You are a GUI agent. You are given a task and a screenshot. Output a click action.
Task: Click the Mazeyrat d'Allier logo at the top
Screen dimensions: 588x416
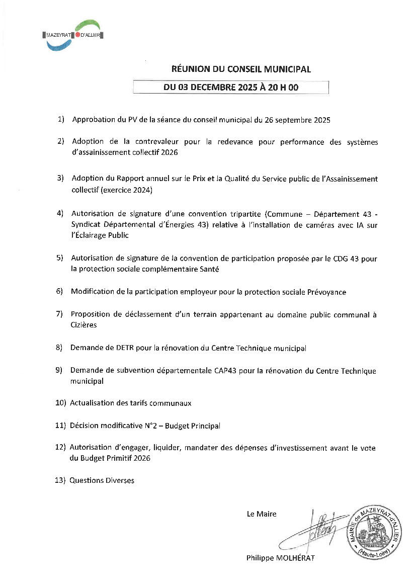(x=73, y=35)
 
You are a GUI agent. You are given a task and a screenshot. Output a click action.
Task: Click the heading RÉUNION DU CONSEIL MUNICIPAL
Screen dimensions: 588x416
(x=241, y=69)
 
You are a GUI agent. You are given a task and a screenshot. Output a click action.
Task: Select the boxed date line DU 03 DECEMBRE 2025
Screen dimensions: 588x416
(x=231, y=88)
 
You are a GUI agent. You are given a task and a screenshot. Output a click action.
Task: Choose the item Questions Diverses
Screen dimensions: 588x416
(x=102, y=480)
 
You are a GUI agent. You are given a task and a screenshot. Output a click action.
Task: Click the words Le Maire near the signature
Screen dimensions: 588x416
(x=262, y=514)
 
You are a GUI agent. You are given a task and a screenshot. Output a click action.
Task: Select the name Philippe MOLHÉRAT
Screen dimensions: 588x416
(x=280, y=558)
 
